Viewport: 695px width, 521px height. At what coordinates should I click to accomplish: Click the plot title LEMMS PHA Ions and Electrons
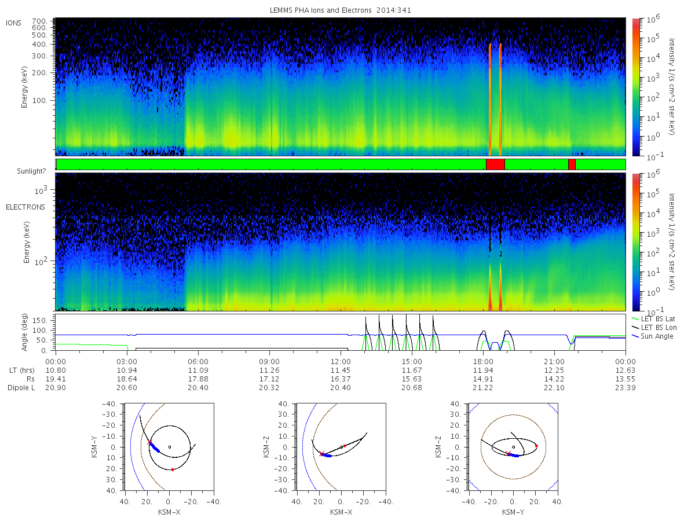(341, 10)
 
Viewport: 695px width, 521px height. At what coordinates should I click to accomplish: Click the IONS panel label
(14, 23)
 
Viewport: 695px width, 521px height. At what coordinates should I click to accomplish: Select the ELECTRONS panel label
(25, 207)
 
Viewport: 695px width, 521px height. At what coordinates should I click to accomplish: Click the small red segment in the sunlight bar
(572, 164)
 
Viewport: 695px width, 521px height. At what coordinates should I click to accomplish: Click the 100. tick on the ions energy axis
(47, 100)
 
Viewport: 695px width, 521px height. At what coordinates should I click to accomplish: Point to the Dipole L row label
(21, 387)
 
